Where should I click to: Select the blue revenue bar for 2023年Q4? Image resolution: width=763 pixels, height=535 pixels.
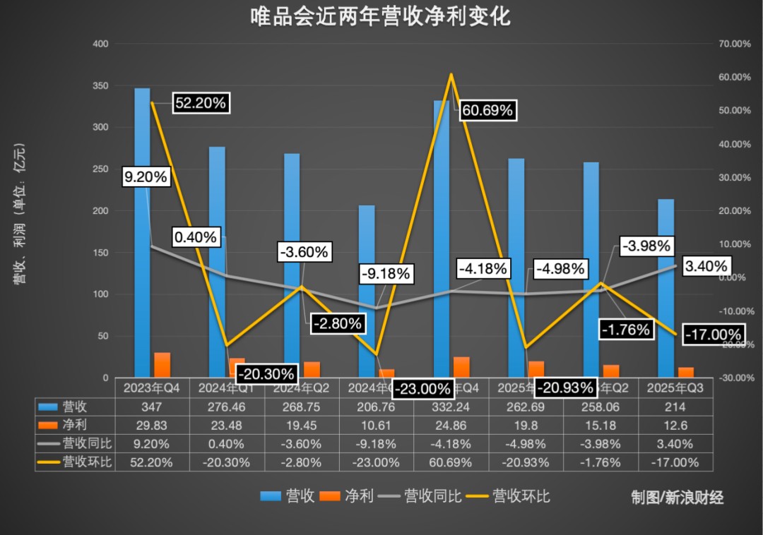click(x=142, y=233)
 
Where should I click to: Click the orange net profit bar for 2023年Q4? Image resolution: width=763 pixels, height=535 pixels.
click(x=162, y=364)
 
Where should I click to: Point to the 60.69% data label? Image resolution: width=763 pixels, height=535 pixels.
click(x=487, y=111)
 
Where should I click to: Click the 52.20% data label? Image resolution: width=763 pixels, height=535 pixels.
click(x=200, y=103)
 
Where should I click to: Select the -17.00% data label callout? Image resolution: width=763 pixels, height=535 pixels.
click(x=714, y=335)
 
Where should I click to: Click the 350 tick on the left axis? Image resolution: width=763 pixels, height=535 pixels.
click(x=100, y=86)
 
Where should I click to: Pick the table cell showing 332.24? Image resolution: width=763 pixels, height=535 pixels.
click(x=451, y=407)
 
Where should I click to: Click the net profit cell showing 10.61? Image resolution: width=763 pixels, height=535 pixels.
click(x=377, y=426)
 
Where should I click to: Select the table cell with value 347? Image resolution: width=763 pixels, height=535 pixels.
click(x=153, y=407)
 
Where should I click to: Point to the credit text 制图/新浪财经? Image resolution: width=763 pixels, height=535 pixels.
click(x=677, y=498)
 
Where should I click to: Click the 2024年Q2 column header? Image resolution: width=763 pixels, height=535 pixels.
click(x=302, y=388)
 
